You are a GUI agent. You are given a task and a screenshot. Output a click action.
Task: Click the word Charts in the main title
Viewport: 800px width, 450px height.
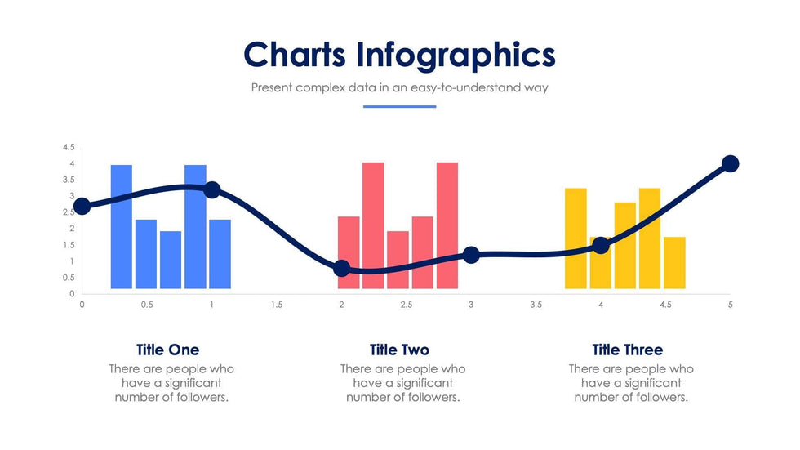(x=295, y=54)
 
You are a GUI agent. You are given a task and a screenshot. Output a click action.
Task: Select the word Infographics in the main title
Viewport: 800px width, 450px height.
(x=456, y=56)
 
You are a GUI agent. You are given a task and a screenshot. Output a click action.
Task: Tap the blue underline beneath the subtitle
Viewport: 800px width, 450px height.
(x=399, y=107)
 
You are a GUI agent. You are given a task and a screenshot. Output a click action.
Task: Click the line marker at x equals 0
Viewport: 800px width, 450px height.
(x=82, y=207)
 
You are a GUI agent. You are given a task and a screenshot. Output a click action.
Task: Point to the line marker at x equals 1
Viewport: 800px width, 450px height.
(x=211, y=190)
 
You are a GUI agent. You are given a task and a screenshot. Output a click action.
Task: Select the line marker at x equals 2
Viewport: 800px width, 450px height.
(x=341, y=269)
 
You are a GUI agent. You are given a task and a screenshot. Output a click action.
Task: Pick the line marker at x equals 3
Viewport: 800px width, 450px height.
(x=471, y=255)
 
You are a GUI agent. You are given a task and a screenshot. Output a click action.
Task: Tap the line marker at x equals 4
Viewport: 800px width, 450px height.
(x=601, y=245)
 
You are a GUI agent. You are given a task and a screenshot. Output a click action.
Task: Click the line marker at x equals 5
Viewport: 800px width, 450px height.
(x=731, y=164)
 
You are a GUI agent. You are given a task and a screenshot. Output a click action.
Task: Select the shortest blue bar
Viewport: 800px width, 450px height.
(x=171, y=260)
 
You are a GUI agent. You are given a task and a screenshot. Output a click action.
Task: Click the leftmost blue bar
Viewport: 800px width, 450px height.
(x=122, y=226)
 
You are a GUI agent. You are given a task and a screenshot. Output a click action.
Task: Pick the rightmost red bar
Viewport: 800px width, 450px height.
(x=447, y=225)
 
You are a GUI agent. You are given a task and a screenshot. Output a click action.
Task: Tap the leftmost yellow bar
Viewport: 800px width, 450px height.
(x=576, y=238)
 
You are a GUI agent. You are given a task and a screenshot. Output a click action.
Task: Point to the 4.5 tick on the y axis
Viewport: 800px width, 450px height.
(x=69, y=148)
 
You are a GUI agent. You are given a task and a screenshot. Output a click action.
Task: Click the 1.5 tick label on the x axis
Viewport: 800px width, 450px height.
(x=277, y=305)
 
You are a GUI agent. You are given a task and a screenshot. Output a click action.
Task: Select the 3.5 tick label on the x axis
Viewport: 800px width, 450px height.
(x=536, y=305)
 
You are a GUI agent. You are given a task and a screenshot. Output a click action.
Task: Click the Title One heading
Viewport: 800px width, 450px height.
(x=168, y=350)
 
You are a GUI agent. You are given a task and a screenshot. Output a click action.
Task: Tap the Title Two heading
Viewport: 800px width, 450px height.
(x=399, y=350)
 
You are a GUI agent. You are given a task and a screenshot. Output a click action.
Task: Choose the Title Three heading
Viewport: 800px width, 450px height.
(x=628, y=350)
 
